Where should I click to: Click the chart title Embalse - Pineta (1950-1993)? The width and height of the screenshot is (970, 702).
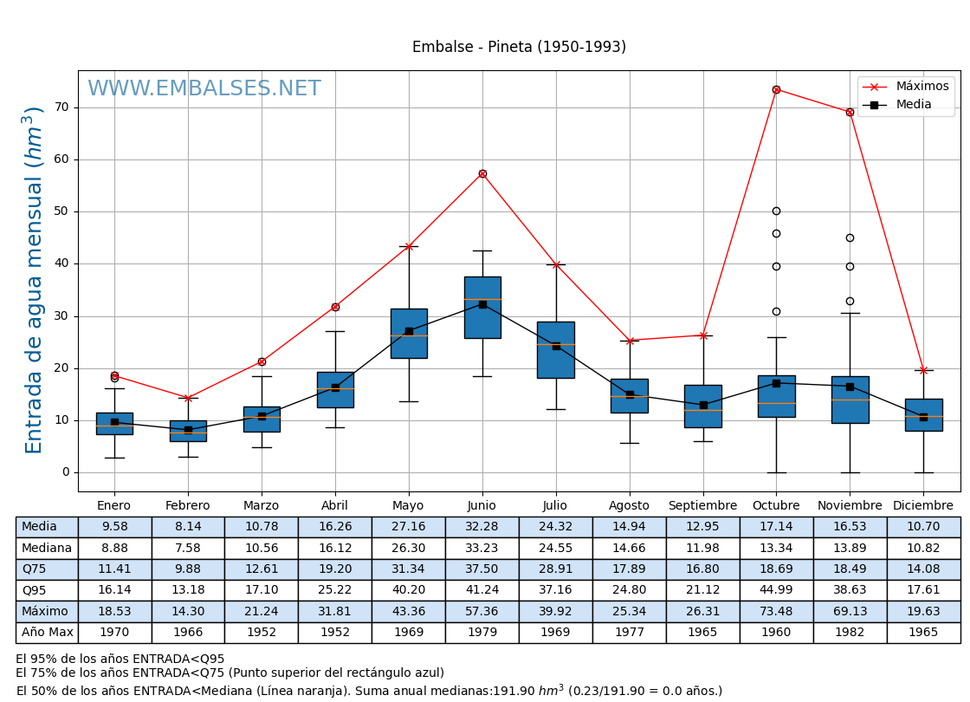point(519,47)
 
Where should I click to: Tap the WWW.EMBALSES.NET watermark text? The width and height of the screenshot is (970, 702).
point(204,89)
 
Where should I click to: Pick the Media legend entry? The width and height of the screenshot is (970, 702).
point(913,105)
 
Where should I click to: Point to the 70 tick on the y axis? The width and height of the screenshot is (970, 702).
point(61,107)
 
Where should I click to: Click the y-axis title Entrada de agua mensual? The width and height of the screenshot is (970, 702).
point(34,279)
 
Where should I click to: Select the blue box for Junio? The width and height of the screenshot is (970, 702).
point(482,308)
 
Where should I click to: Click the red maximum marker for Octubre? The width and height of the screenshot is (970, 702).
point(776,89)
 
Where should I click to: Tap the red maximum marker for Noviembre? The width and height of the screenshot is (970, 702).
point(850,112)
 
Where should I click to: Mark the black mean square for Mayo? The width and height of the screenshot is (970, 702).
point(409,331)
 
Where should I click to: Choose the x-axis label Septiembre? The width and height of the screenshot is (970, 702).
point(702,505)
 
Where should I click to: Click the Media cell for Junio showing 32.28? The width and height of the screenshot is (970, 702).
point(482,527)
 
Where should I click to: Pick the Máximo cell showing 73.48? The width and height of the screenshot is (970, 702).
point(776,611)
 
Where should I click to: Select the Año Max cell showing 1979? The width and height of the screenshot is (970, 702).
point(482,633)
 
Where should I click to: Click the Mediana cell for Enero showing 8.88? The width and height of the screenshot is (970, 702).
point(114,548)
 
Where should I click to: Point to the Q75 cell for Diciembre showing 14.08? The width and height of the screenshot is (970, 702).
point(923,569)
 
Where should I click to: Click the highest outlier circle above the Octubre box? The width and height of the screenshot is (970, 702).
point(776,211)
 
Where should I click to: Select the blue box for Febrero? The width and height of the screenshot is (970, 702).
point(188,431)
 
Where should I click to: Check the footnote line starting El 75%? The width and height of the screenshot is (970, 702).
point(230,673)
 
